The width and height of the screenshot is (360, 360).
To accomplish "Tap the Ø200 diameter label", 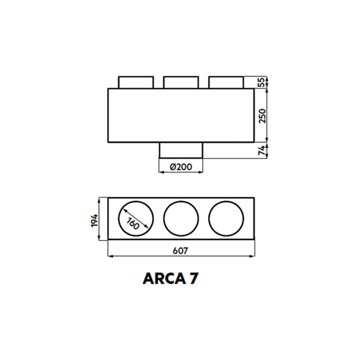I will coord(181,166).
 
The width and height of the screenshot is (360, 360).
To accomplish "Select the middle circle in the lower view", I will coord(181,217).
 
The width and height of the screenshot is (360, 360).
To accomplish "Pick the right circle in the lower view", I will coord(226,217).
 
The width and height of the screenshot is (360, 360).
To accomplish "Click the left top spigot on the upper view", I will coord(136,83).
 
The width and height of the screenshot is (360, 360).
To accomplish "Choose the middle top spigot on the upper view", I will coord(181,83).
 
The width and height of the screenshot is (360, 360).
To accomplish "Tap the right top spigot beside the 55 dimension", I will coord(226,83).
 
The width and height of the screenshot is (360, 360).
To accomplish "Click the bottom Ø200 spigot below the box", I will coord(181,150).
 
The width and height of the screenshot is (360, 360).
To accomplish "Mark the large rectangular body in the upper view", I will coord(181,115).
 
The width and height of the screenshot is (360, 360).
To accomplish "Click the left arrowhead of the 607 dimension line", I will coord(110,256).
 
